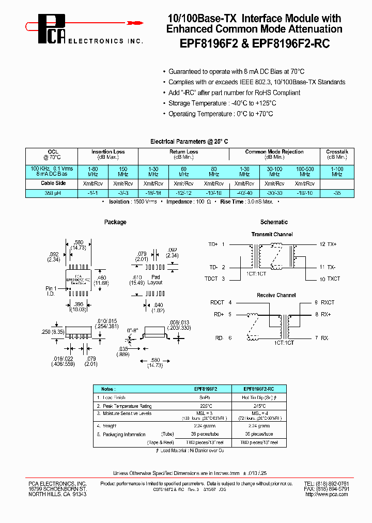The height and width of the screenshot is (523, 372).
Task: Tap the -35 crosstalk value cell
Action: pos(337,193)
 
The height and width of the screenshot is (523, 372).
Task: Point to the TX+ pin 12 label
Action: pos(328,243)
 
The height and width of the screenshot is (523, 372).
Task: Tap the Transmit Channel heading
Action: pos(272,235)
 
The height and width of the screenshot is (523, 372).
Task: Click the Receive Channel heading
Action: pos(276,295)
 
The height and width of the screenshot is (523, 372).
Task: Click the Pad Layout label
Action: pos(154,280)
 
